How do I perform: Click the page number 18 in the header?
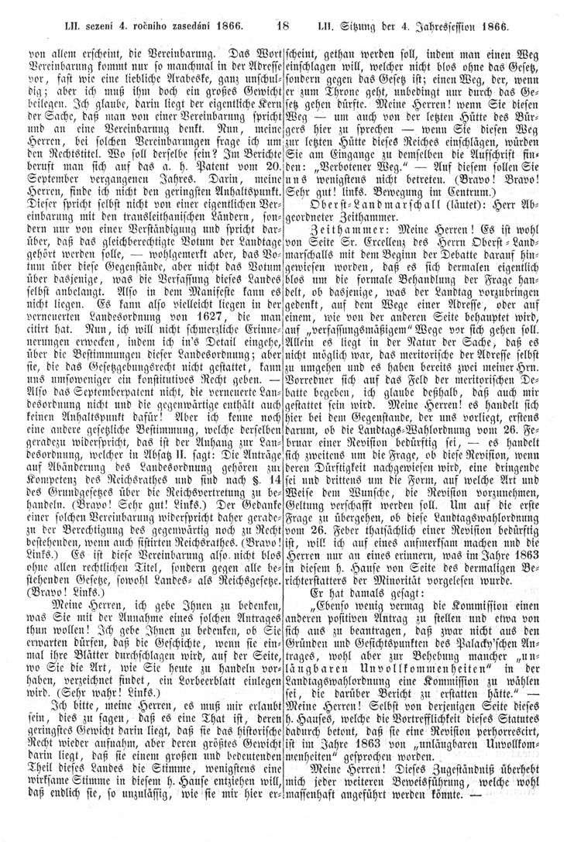283,26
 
